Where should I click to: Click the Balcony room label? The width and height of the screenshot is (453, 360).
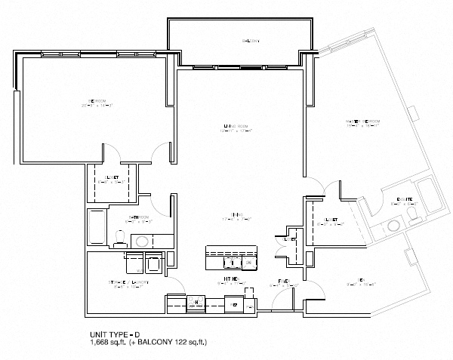click(x=250, y=41)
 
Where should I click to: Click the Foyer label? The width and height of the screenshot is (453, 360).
click(x=285, y=282)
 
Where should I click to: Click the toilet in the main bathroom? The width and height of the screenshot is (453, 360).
click(x=119, y=239)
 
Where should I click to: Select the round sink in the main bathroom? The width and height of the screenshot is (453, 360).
click(x=141, y=241)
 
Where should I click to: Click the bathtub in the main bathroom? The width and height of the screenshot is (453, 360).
click(x=97, y=228)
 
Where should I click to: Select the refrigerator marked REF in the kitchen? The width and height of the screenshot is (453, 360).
click(x=235, y=303)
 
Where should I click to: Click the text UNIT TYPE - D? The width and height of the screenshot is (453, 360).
click(x=110, y=334)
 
